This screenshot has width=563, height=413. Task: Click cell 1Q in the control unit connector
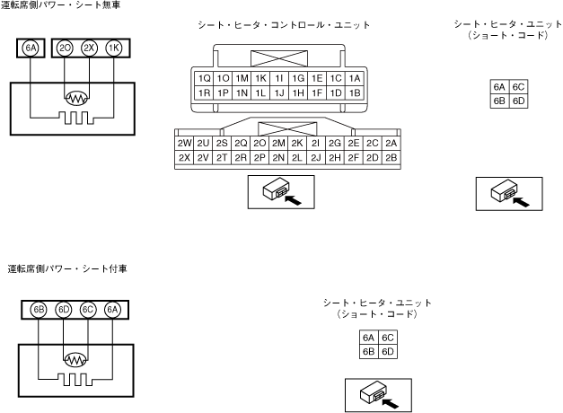point(204,78)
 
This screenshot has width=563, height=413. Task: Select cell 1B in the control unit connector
point(355,92)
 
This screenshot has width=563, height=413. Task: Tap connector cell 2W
point(185,144)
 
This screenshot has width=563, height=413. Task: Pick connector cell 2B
point(390,158)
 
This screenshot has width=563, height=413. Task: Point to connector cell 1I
point(279,78)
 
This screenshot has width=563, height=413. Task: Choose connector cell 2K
point(296,144)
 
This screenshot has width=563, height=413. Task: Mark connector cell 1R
point(204,92)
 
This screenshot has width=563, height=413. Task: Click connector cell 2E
point(353,144)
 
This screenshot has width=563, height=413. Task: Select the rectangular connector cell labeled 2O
point(260,144)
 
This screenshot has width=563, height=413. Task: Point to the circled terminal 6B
point(39,310)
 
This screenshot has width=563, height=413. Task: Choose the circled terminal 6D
point(63,310)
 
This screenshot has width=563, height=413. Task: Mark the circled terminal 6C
point(87,310)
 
